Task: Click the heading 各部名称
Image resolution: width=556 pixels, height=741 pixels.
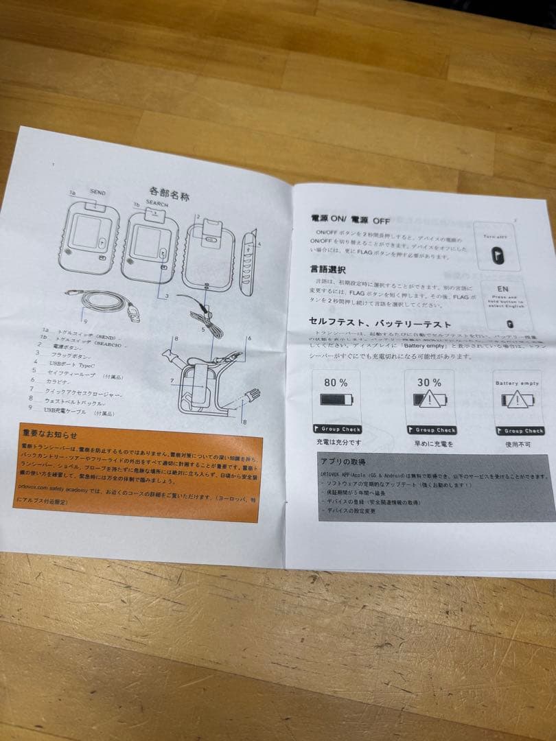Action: tap(169, 194)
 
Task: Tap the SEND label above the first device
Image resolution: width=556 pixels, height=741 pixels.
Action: tap(97, 193)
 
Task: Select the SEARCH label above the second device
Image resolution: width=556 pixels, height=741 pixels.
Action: tap(157, 204)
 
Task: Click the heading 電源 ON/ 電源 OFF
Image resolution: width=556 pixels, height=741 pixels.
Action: tap(351, 220)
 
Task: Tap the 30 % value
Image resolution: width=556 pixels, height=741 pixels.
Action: tap(429, 383)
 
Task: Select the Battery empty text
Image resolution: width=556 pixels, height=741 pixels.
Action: tap(516, 383)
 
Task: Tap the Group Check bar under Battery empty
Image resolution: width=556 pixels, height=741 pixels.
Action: tap(519, 431)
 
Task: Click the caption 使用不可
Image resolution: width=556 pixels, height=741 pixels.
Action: tap(516, 444)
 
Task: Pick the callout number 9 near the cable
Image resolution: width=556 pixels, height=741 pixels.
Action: tap(85, 320)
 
